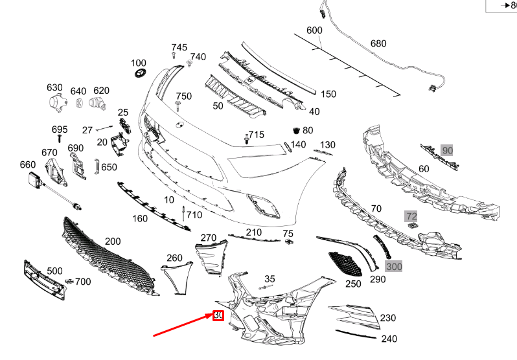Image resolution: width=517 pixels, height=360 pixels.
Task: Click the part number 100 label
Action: point(139,63)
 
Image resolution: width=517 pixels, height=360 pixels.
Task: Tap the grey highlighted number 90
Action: point(447,150)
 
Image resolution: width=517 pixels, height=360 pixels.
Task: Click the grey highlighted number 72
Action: point(411,215)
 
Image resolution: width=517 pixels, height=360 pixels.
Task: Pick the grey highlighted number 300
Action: point(394,266)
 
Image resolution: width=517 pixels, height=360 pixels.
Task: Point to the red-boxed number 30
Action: point(218,315)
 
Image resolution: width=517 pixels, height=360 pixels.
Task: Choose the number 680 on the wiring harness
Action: point(378,44)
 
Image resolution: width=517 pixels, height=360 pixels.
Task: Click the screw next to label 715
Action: point(246,139)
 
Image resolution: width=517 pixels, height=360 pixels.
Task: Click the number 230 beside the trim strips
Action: point(388,318)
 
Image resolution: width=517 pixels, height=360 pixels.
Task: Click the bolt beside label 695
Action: point(60,138)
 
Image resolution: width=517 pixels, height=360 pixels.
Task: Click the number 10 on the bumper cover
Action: point(169,200)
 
